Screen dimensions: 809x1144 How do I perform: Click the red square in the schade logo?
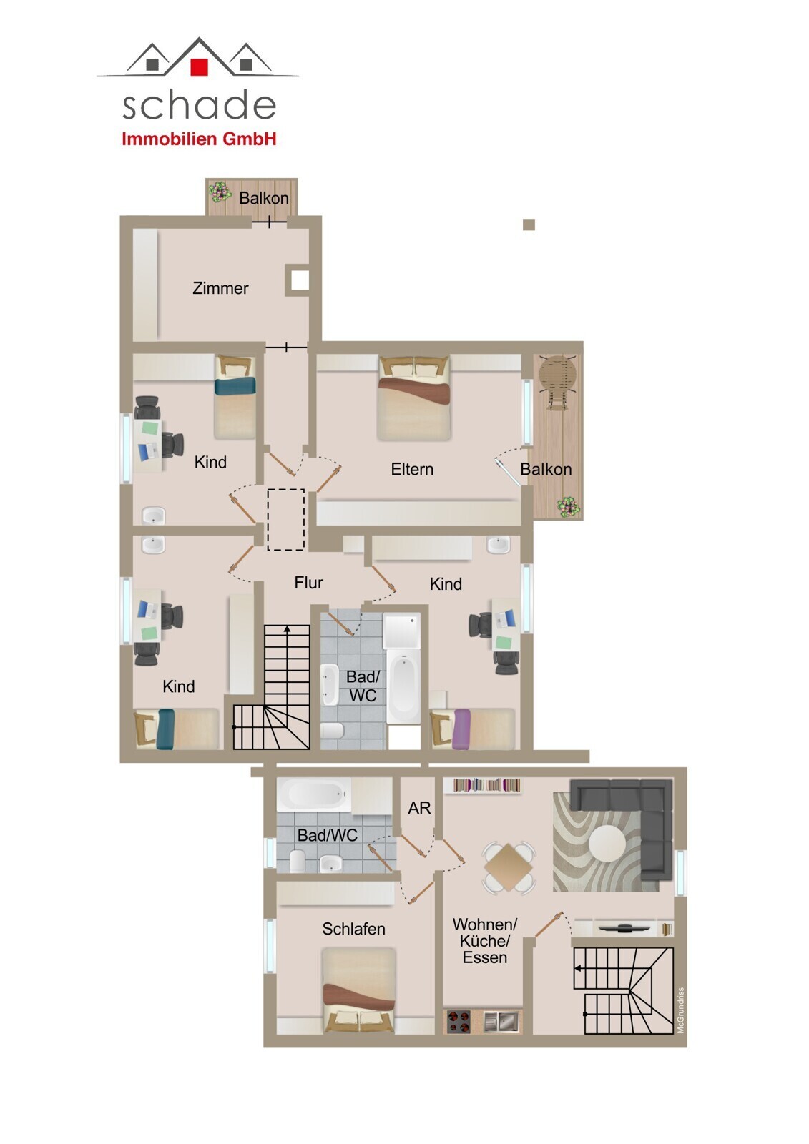199,67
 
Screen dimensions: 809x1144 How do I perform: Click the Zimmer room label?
220,288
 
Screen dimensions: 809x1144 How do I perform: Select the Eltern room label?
412,469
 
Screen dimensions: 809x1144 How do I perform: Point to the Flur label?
309,582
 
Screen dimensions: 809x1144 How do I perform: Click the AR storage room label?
419,807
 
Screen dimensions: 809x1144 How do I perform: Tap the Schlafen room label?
353,929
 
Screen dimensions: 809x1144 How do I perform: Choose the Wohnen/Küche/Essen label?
484,941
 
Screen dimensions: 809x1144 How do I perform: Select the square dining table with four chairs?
509,867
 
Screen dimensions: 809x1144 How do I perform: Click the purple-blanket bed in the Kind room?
473,729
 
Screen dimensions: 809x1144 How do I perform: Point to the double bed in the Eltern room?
413,398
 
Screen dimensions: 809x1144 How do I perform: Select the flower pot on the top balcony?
220,192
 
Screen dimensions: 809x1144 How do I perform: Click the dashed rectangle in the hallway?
286,519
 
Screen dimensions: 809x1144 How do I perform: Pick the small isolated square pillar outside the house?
529,225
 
